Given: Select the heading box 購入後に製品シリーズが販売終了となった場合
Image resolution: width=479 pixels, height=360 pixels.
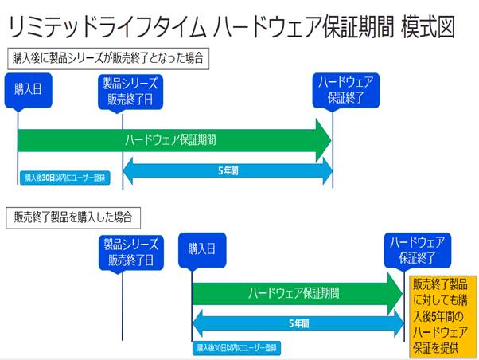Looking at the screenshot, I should click(108, 58).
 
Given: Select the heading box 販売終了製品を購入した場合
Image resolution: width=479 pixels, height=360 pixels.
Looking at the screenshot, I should click(72, 216).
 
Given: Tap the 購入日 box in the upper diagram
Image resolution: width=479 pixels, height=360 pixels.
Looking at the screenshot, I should click(28, 91).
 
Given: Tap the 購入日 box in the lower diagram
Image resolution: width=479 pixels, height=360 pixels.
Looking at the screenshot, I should click(203, 249).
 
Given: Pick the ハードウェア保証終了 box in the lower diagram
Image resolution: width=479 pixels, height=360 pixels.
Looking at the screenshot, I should click(415, 249).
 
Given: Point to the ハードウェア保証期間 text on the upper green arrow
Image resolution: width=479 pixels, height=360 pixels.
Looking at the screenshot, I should click(170, 139).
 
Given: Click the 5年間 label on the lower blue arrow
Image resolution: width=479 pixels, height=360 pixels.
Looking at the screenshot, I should click(298, 324).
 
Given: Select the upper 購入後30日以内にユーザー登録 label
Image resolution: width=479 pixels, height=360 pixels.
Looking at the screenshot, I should click(65, 177).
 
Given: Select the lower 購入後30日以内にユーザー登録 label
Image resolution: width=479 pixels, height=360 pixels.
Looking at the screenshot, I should click(236, 348).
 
